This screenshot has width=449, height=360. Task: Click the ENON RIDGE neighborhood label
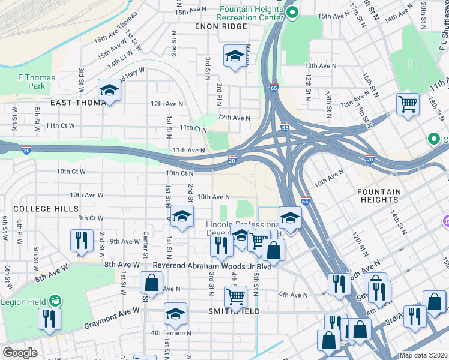[x=220, y=26]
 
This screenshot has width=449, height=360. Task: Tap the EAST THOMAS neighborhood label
[x=79, y=103]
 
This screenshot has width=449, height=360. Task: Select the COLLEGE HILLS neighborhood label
[x=46, y=208]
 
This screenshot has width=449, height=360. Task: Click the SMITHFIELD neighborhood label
[x=234, y=311]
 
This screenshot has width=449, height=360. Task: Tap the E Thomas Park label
[x=36, y=82]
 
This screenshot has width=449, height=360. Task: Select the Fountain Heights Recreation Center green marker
[x=292, y=13]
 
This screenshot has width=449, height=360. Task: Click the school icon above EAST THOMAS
[x=110, y=91]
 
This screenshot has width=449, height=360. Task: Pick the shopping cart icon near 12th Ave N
[x=408, y=104]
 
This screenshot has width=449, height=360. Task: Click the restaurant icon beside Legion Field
[x=49, y=319]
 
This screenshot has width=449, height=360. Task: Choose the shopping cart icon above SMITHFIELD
[x=235, y=296]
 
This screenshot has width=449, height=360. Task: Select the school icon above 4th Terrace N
[x=175, y=314]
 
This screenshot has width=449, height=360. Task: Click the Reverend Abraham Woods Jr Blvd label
[x=212, y=266]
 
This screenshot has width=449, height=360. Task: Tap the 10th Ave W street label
[x=86, y=195]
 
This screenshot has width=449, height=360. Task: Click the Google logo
[x=20, y=352]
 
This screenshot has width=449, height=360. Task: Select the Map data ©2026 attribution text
[x=423, y=355]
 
